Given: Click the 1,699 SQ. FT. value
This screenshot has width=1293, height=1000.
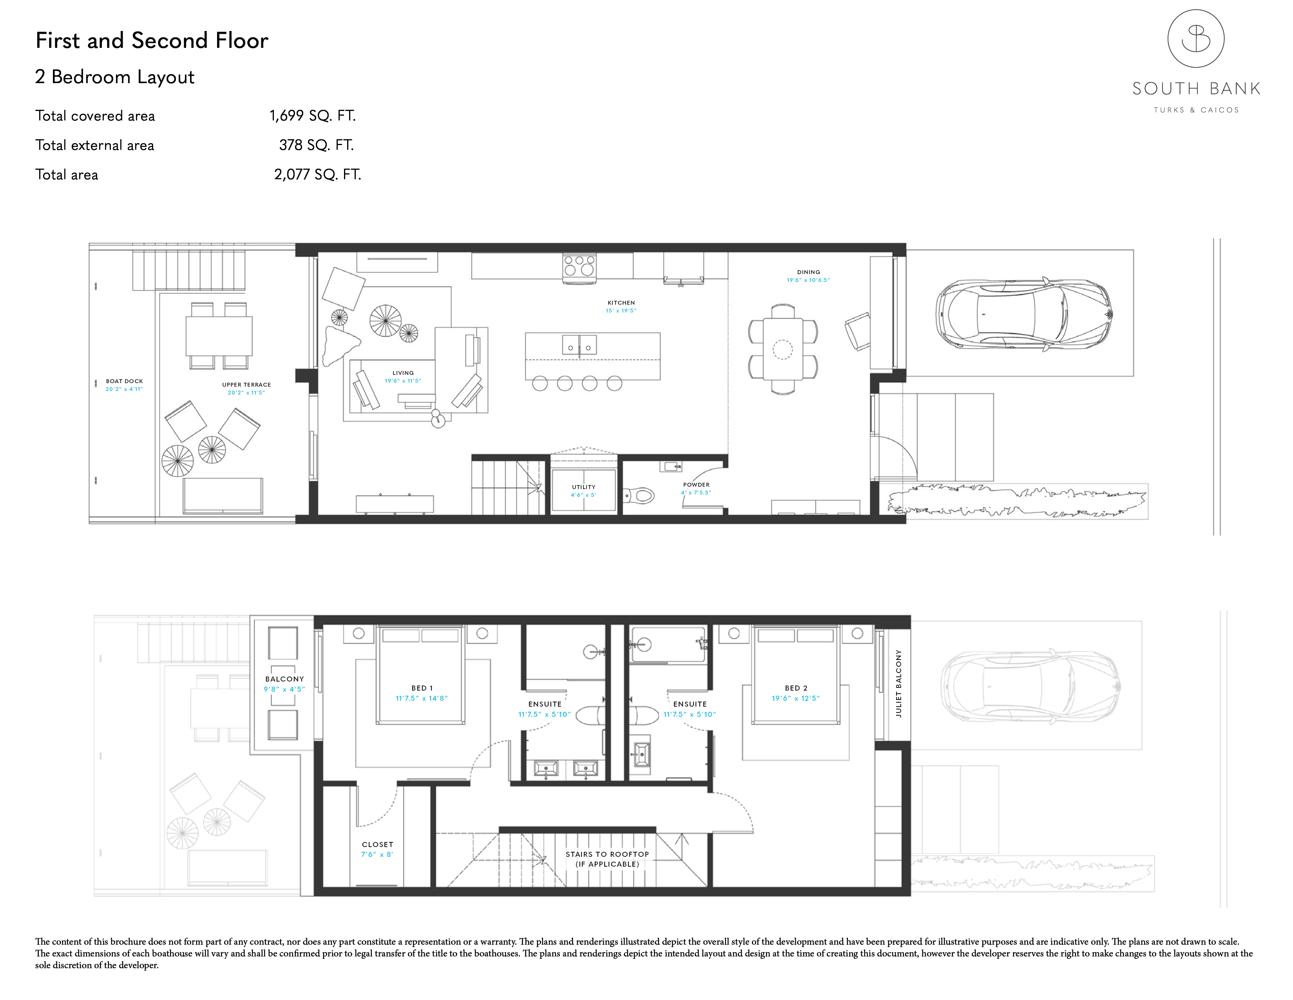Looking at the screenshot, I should click(313, 116).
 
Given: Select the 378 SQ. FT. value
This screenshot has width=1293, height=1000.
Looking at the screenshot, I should click(316, 145).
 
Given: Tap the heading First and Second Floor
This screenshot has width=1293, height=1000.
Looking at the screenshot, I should click(152, 40).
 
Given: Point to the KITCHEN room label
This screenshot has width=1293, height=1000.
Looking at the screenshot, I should click(621, 303).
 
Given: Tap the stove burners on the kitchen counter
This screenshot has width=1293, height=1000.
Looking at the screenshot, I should click(579, 265).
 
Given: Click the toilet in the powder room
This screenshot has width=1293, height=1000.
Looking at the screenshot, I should click(640, 495).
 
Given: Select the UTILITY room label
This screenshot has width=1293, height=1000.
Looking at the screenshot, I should click(584, 487).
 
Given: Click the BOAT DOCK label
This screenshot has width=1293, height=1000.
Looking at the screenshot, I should click(124, 382).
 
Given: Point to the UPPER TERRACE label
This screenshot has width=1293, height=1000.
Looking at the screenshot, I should click(246, 384).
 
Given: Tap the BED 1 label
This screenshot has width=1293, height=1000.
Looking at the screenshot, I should click(422, 688).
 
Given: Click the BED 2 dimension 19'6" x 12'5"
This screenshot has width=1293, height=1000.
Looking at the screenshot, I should click(796, 698).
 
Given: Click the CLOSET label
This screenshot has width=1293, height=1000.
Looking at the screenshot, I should click(377, 844).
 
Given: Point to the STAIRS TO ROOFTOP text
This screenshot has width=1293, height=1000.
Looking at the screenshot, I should click(607, 854).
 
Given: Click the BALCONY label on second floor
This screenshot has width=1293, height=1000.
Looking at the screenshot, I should click(284, 679).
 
